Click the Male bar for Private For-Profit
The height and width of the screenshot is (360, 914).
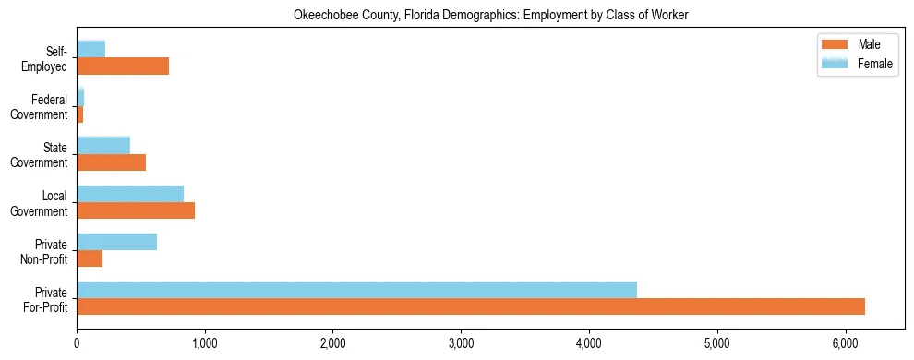click(x=471, y=306)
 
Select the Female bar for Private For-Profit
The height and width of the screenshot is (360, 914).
click(x=356, y=290)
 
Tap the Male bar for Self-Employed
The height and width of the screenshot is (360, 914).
click(x=123, y=66)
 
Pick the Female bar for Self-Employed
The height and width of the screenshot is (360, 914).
click(x=90, y=49)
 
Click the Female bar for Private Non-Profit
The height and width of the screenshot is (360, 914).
click(x=116, y=242)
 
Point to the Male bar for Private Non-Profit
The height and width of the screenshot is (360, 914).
click(x=90, y=258)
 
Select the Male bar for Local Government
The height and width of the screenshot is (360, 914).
click(x=136, y=210)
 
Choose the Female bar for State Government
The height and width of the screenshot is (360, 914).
click(x=103, y=145)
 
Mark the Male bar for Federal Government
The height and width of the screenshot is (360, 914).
click(x=80, y=114)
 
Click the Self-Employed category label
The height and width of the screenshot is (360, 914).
click(x=47, y=58)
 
